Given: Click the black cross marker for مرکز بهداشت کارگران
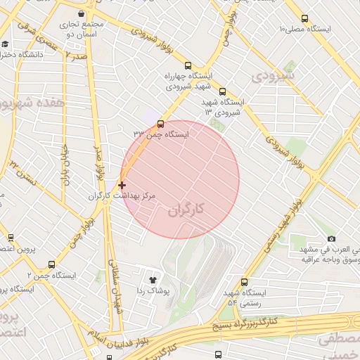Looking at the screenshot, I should click(x=122, y=185).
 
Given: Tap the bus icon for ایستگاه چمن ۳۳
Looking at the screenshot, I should click(x=160, y=124).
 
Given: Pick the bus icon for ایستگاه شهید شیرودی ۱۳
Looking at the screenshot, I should click(x=223, y=91).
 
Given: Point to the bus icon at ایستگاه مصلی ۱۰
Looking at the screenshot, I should click(x=304, y=19).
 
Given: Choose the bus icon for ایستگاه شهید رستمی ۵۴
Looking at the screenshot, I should click(x=244, y=281).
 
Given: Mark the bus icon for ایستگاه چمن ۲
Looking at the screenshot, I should click(x=51, y=265).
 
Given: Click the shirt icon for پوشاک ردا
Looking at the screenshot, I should click(x=153, y=280).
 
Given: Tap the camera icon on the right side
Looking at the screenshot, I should click(x=331, y=239).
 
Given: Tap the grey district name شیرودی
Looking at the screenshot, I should click(x=274, y=74).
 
